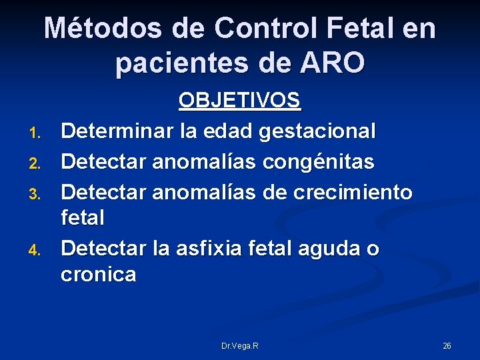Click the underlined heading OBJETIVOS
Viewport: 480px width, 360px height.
240,101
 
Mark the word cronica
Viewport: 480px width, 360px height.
98,275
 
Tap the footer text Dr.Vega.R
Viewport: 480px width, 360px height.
240,345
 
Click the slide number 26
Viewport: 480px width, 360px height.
447,345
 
